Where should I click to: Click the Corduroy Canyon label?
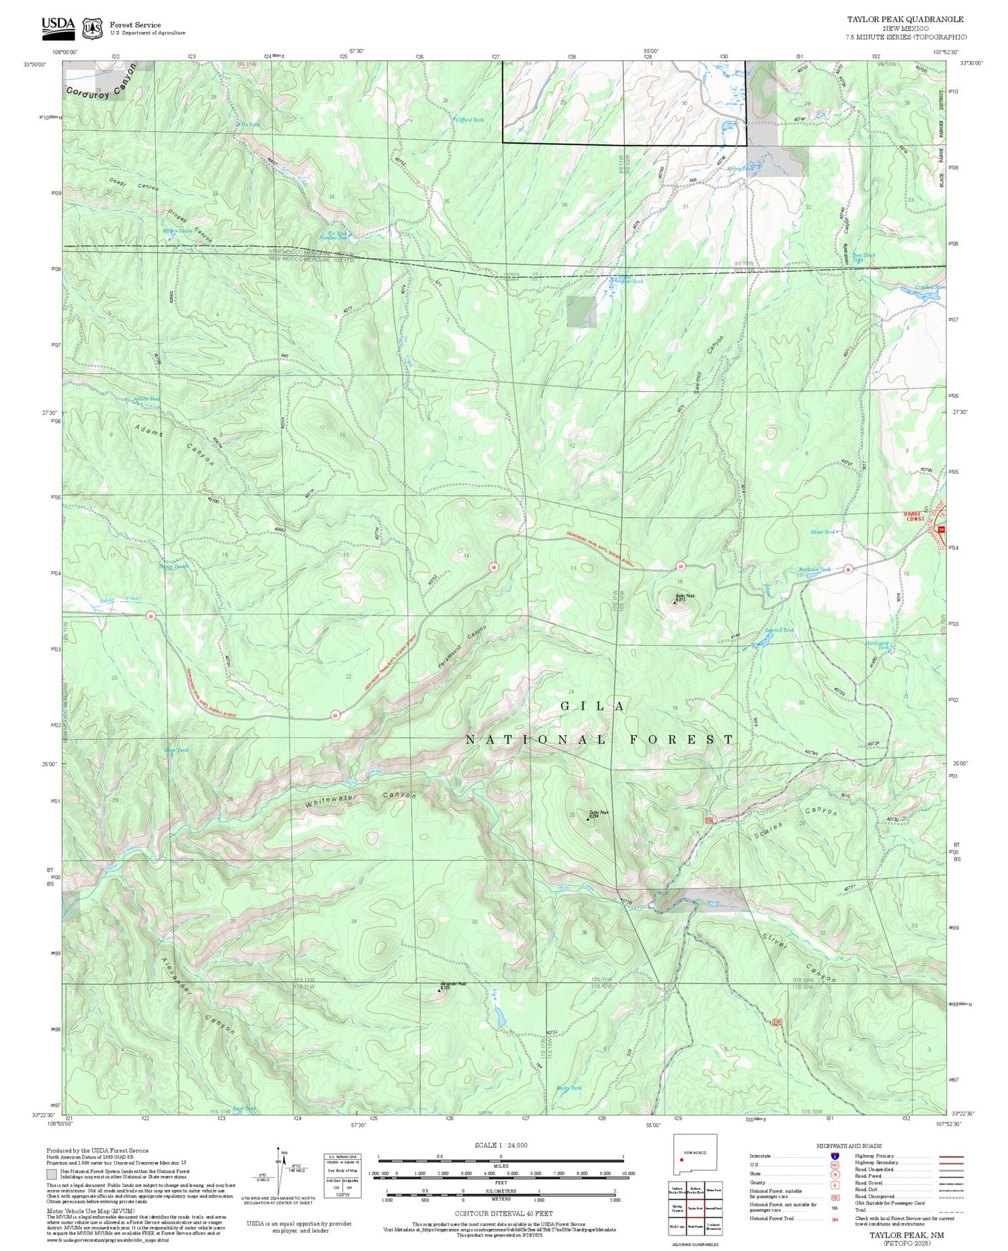coord(101,83)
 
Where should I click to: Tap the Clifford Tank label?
coord(469,120)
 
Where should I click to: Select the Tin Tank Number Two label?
coord(333,235)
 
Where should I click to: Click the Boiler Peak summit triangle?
coord(675,602)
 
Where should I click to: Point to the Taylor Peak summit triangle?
coord(589,818)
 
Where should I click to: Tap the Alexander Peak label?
coord(453,984)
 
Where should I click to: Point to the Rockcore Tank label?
coord(814,570)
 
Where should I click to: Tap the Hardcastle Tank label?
coord(877,645)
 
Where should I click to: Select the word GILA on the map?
coord(594,706)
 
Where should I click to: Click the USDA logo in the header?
coord(58,26)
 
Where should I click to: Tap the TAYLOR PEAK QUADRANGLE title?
coord(905,19)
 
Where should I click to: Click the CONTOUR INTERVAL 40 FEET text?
coord(503,1213)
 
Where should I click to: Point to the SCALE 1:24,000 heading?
coord(501,1145)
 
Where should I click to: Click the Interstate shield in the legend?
coord(835,1156)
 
